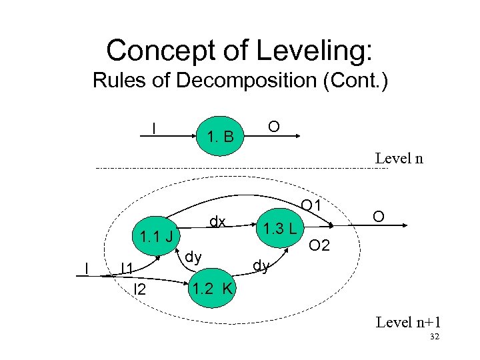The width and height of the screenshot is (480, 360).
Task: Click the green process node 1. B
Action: pos(221,137)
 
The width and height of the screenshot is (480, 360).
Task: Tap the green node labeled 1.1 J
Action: pos(155,236)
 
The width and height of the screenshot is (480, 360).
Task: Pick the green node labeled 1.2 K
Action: pos(212,289)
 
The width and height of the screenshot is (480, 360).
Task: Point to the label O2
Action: pos(319,246)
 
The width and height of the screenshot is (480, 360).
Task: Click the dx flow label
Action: pos(217,221)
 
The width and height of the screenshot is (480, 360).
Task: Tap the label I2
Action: pos(139,289)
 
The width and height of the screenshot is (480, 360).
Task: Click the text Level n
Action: pos(399,159)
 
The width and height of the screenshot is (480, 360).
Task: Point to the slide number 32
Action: pos(434,338)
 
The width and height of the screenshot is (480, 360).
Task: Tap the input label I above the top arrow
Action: pos(155,126)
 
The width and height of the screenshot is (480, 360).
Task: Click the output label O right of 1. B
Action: pos(273,126)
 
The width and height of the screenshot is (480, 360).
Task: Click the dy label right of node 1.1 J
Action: pos(193,255)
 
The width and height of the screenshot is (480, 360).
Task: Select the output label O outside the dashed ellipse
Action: pos(378,217)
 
